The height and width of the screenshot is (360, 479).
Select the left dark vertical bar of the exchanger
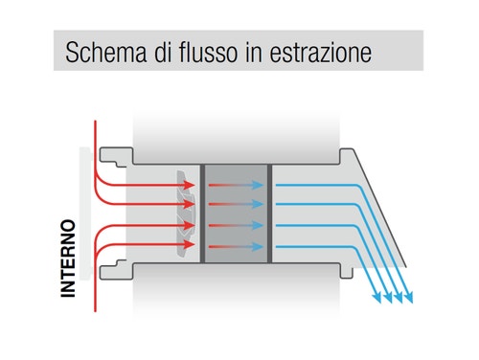203,211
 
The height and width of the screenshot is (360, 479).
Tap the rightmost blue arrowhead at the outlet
411,297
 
